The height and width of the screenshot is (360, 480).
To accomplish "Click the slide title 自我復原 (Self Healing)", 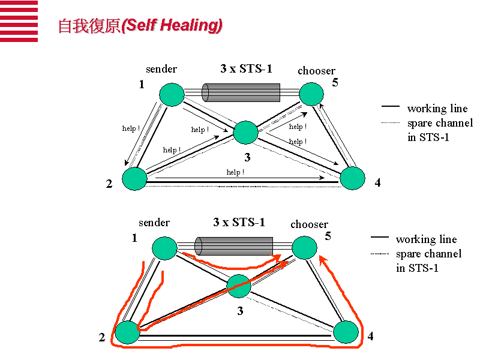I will point(140,25).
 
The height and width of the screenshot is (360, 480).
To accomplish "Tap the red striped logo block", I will point(19,21).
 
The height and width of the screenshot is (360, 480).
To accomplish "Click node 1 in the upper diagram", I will point(172,95).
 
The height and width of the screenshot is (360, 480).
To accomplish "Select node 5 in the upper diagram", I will point(311,94).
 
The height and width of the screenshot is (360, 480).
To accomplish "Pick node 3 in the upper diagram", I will point(245,132).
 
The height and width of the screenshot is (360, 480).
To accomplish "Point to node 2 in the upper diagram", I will point(134,179).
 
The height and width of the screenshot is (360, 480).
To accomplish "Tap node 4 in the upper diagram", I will point(352,178).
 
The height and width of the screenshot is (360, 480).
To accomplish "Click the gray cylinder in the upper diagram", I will point(241,92).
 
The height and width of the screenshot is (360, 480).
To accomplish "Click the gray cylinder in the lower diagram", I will point(234,246).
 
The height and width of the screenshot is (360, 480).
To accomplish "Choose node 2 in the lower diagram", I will point(127,332).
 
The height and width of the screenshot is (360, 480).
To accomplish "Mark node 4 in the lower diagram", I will point(346,332).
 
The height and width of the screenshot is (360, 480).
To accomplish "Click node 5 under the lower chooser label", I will point(304,247).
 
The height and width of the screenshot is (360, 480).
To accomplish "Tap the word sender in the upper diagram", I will point(161,69).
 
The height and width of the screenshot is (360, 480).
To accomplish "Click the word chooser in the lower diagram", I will point(309,224).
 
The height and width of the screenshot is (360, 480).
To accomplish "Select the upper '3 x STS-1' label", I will point(246,68).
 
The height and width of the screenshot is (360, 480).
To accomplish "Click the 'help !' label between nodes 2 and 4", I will point(235,172).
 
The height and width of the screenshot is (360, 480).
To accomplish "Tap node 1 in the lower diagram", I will point(164,248).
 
